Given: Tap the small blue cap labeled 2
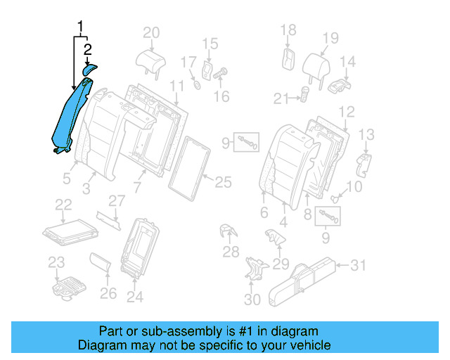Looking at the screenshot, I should (89, 68).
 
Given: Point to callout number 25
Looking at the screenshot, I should (222, 183).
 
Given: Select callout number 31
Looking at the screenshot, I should (359, 265).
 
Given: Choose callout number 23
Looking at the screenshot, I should (56, 262).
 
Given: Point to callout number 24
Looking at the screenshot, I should (134, 297).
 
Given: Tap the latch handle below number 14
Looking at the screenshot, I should (340, 86).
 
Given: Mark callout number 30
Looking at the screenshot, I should (252, 300).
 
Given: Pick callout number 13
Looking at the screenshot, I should (367, 134).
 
